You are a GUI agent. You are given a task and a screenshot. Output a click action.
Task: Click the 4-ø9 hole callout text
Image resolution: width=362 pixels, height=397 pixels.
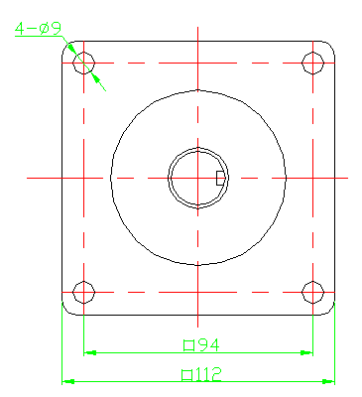pyautogui.click(x=38, y=29)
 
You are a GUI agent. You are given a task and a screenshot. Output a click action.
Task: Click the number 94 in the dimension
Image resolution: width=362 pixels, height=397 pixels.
pyautogui.click(x=208, y=345)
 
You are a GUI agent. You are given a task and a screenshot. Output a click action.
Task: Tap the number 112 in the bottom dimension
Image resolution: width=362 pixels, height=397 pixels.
pyautogui.click(x=208, y=374)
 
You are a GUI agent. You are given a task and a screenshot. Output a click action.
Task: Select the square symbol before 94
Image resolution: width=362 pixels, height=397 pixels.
pyautogui.click(x=188, y=345)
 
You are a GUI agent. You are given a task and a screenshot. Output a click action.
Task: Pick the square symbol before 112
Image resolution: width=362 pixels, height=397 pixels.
pyautogui.click(x=187, y=375)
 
